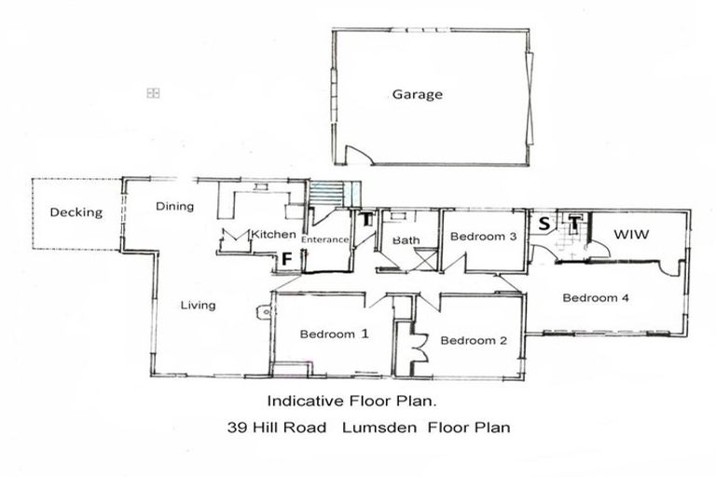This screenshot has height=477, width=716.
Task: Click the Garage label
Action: pos(417,94)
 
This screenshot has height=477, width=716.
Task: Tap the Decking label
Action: pos(76,212)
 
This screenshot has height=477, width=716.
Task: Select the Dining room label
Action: pos(174,206)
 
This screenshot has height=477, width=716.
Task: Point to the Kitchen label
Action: pos(273,235)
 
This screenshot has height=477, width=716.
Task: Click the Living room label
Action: pos(198,305)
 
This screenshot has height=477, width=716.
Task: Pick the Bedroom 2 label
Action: pos(474,340)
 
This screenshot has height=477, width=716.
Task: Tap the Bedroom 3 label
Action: pos(483,237)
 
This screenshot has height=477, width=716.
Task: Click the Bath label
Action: pos(406,240)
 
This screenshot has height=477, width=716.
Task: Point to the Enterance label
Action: pos(325,239)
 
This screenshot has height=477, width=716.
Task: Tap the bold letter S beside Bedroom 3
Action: pos(544,223)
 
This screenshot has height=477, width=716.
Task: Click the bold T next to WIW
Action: pos(574,223)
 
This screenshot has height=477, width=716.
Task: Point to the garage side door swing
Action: pos(356,155)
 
